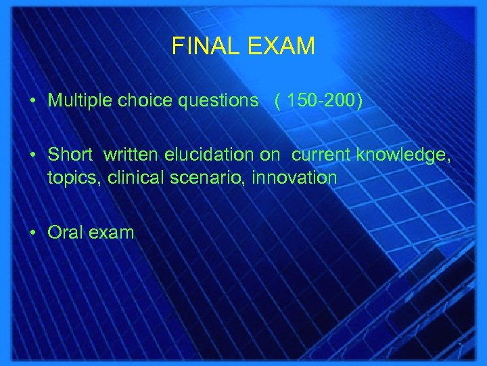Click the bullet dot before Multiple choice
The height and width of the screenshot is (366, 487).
pyautogui.click(x=32, y=101)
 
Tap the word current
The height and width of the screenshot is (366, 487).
pyautogui.click(x=322, y=155)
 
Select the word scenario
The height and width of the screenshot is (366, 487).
pyautogui.click(x=197, y=178)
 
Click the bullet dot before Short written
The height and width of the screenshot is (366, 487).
pyautogui.click(x=32, y=155)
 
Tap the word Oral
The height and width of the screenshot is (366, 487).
pyautogui.click(x=66, y=232)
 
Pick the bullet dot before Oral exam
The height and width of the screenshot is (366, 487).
pyautogui.click(x=32, y=232)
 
